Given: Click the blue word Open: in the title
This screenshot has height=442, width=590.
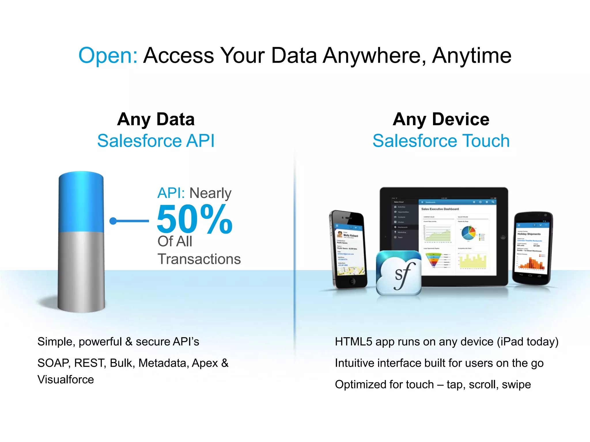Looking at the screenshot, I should coord(108,55).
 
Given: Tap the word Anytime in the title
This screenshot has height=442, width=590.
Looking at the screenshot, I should coord(472,55).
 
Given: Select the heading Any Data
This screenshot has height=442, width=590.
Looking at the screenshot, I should coord(156,119).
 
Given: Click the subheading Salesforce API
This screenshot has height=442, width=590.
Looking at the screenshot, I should coord(156,141).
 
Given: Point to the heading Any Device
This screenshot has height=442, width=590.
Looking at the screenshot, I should coord(441,119).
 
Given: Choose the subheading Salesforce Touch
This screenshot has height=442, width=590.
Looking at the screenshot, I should coord(441,141).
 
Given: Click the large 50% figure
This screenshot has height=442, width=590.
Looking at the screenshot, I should coord(195,219).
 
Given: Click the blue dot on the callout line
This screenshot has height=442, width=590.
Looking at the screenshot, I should coord(113,221).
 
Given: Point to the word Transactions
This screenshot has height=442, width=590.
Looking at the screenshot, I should coord(199,259).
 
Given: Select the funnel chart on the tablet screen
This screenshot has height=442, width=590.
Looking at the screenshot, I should coord(433,259).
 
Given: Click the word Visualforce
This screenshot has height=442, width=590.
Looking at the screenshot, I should coord(66,380).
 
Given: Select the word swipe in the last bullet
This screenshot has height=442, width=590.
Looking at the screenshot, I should coord(516,385).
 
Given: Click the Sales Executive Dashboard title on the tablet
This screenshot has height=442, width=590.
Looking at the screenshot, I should coord(440,209).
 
